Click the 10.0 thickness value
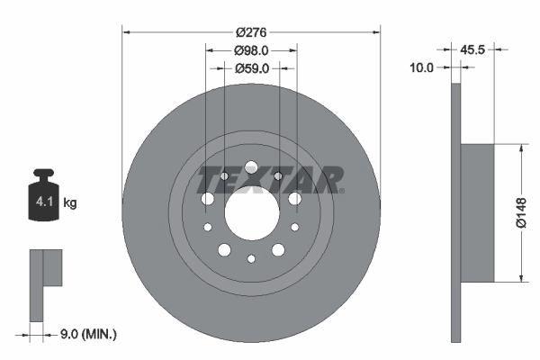pyautogui.click(x=422, y=67)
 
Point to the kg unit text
pyautogui.click(x=69, y=203)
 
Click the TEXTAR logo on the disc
pyautogui.click(x=269, y=179)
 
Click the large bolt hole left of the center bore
pyautogui.click(x=208, y=199)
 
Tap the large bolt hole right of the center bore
pyautogui.click(x=294, y=198)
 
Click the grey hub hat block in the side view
pyautogui.click(x=478, y=212)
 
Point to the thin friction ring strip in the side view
pyautogui.click(x=455, y=212)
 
